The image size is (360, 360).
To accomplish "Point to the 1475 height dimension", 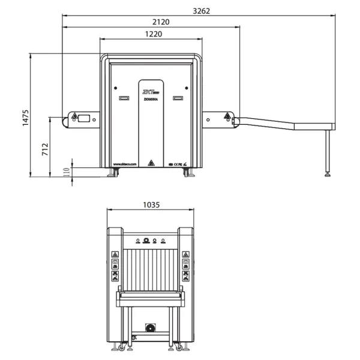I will tap(25, 116).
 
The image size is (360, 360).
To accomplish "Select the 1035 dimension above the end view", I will tap(151, 205).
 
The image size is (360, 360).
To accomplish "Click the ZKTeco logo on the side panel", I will tap(151, 93).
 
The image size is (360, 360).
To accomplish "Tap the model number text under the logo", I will tap(151, 100).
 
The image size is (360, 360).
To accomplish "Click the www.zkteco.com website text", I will tap(125, 163).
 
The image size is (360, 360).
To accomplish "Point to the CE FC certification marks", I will tap(178, 163).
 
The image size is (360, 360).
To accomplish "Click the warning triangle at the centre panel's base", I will tap(152, 163).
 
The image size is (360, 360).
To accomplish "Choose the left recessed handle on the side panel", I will tap(124, 98).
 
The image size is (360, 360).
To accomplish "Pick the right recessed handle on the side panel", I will tap(178, 98).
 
